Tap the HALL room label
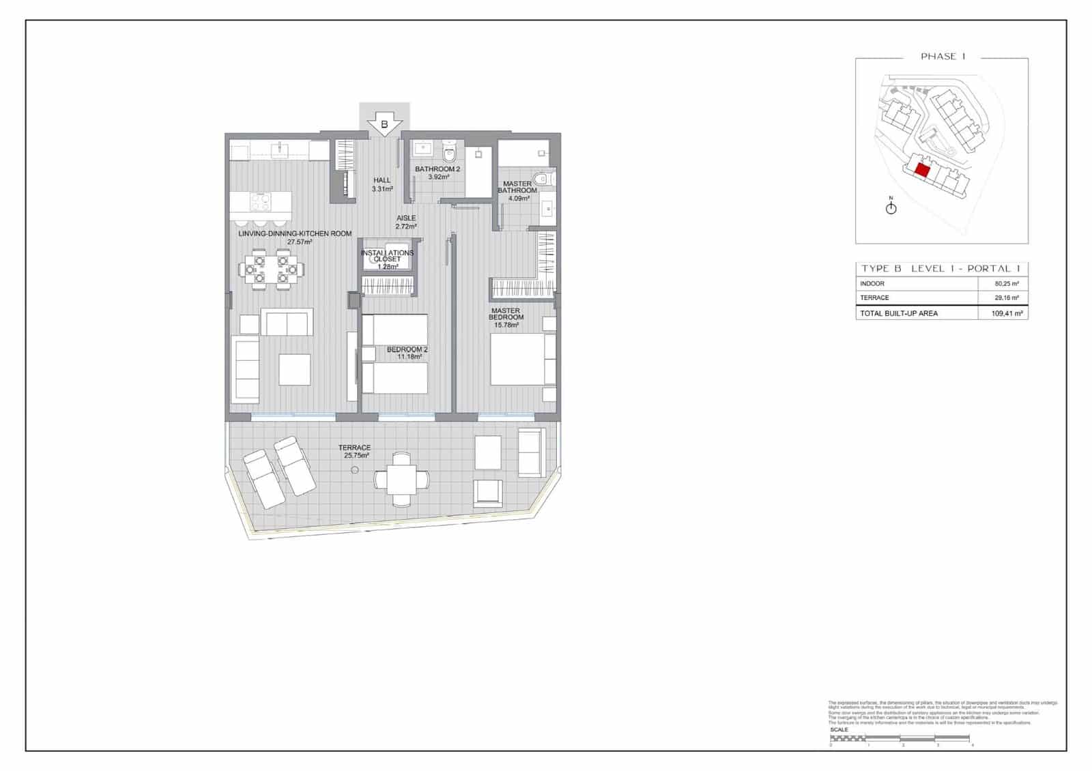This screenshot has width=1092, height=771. pos(382,181)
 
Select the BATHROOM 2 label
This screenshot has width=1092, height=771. pos(437,169)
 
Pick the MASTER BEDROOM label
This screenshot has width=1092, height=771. pos(506,314)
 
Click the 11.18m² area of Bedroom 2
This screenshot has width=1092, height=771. pos(407,357)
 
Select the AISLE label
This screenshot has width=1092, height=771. pos(406,218)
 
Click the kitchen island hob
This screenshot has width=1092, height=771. pos(260,201)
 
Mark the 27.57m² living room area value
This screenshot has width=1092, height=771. pos(300,242)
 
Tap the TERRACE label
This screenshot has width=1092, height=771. pos(354,448)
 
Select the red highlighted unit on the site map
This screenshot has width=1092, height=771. pos(922,171)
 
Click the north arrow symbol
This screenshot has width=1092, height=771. pos(891,208)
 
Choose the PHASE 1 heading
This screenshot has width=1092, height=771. pos(943,57)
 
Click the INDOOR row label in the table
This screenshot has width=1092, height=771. pos(872,284)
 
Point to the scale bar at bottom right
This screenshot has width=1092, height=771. pos(900,739)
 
